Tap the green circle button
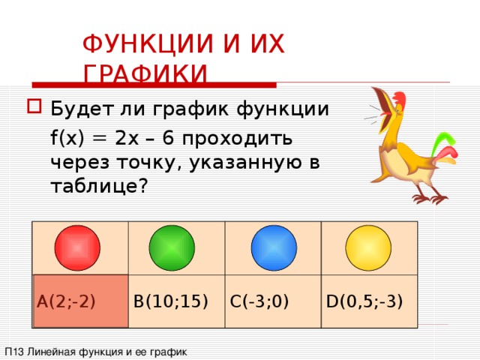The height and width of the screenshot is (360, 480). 172,247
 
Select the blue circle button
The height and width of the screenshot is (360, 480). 274,247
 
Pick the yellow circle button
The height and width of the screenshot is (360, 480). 368,247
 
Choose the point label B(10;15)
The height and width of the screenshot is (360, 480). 169,301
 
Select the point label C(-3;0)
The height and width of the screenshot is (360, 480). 259,301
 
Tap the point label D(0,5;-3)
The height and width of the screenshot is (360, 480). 364,301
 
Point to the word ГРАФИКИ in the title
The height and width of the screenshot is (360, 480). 145,74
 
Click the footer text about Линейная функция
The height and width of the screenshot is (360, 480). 95,351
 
